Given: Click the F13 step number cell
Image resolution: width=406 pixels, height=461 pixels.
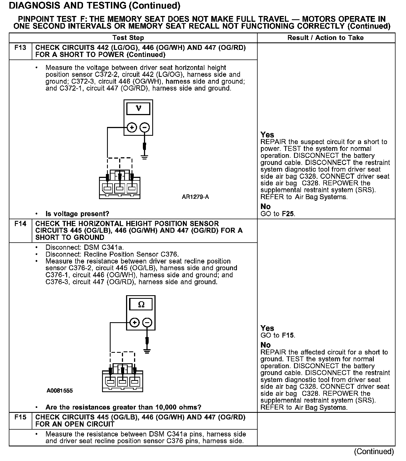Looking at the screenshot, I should [x=20, y=48].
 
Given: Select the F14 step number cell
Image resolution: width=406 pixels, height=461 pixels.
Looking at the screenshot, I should [x=20, y=224].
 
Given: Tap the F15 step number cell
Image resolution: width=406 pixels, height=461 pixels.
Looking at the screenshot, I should [x=20, y=417].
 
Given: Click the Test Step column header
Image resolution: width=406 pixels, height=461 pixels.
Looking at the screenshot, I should [x=128, y=38].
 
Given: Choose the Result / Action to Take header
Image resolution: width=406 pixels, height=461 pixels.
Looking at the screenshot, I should [x=325, y=38].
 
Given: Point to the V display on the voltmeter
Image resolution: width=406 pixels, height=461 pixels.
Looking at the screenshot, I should [x=138, y=109].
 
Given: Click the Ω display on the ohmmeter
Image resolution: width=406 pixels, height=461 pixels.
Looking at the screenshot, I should [x=141, y=305].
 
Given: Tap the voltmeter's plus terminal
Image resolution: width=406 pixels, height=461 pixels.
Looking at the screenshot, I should [x=132, y=128].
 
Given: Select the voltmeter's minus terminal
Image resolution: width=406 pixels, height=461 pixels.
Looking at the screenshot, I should [x=145, y=128].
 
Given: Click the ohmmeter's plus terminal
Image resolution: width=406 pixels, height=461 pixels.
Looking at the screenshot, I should [x=134, y=322].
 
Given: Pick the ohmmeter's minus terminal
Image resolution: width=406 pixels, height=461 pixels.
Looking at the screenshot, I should [x=147, y=322].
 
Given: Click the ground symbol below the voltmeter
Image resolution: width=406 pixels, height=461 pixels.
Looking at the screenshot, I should [x=145, y=157].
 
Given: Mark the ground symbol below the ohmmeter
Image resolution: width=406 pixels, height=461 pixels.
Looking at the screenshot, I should [x=147, y=351].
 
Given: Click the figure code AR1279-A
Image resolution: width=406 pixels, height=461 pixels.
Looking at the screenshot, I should [x=195, y=197].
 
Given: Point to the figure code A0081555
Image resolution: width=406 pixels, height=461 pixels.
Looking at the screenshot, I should [x=60, y=391].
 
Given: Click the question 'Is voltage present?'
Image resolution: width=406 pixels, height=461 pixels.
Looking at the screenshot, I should [x=77, y=214].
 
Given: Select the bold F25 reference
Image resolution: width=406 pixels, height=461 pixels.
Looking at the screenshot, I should [x=288, y=214].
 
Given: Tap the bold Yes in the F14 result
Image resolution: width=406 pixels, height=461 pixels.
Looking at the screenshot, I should [x=267, y=328].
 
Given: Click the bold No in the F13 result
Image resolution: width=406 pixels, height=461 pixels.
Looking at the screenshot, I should [x=265, y=207].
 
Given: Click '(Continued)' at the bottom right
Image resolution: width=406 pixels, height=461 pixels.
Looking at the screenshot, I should [x=374, y=451].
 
